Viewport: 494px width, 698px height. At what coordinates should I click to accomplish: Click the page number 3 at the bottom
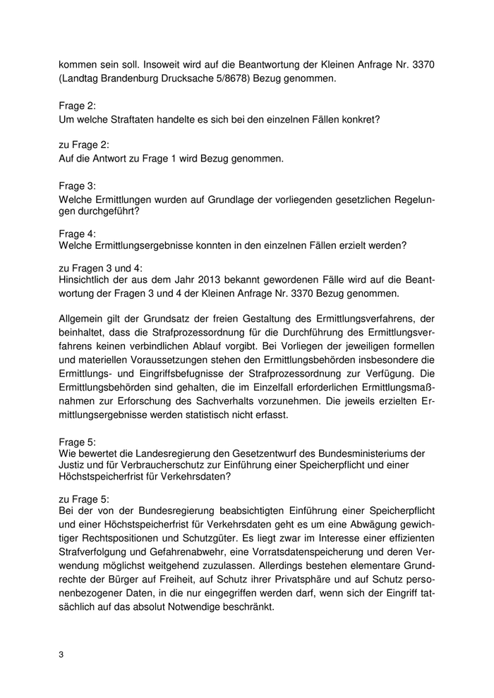(61, 655)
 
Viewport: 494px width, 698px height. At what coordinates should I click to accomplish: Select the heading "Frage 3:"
(77, 186)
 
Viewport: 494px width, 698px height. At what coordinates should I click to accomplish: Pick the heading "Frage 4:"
(77, 233)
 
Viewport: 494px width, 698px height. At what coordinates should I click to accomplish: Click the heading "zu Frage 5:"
(84, 498)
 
